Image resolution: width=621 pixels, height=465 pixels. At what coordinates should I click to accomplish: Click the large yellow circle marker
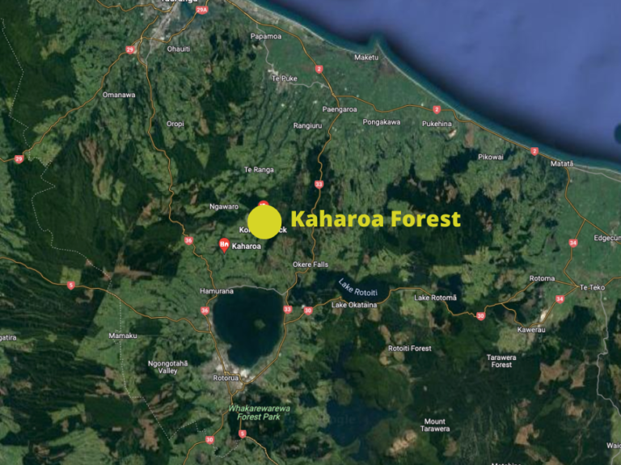(x=264, y=222)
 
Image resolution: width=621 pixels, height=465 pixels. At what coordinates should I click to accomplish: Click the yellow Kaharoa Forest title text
(x=375, y=219)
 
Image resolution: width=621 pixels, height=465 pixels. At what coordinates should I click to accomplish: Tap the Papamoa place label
(x=265, y=36)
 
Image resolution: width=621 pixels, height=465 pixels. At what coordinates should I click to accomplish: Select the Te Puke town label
(x=285, y=78)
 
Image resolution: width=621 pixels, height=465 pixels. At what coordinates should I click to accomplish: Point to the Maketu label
(x=365, y=57)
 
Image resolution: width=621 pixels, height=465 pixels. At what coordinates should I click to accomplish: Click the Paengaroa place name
(x=340, y=109)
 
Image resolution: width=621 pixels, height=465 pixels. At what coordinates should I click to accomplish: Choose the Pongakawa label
(x=382, y=122)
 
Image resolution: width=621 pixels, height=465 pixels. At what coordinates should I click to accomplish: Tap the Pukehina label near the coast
(x=437, y=124)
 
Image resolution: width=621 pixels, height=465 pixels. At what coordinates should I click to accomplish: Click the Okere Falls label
(x=310, y=264)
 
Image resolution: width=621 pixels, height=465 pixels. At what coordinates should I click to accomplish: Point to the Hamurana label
(x=216, y=290)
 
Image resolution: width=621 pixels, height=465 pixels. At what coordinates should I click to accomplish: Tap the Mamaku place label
(x=123, y=335)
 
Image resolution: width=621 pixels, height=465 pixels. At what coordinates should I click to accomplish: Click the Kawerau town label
(x=532, y=329)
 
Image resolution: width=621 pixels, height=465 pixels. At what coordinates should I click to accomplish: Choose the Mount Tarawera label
(x=434, y=425)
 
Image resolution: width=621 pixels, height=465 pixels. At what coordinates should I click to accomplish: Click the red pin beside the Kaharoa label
(x=224, y=244)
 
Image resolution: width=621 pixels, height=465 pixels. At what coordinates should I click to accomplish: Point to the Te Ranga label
(x=259, y=170)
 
